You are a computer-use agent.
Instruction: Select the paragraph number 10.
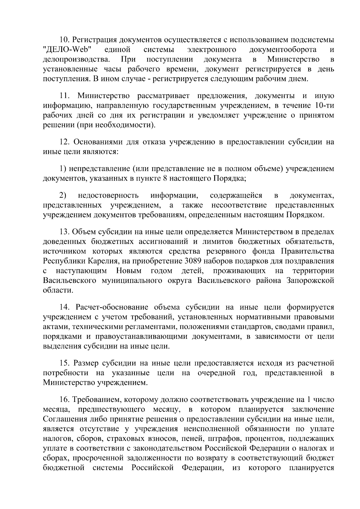64,40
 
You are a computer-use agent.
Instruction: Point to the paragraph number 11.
64,96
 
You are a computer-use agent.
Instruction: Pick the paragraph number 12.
64,142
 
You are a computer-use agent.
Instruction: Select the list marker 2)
62,196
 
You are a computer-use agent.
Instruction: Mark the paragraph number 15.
64,363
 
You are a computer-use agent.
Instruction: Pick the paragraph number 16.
64,400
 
